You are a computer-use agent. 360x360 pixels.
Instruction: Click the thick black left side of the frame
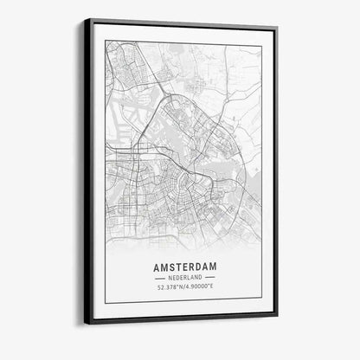[87, 173]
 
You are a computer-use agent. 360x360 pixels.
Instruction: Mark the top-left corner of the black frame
[86, 19]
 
